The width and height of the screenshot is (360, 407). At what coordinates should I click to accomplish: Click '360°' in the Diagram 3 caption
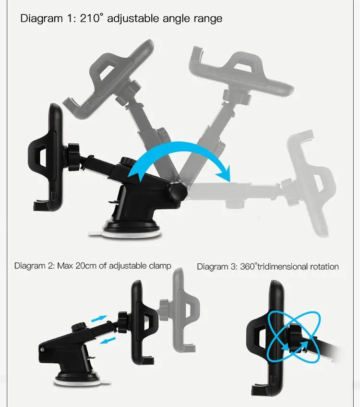(249, 267)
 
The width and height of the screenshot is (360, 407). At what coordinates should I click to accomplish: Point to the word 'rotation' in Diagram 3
(324, 267)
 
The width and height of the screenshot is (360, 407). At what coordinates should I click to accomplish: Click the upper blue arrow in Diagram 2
(99, 319)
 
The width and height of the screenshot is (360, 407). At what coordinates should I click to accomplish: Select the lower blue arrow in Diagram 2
(108, 340)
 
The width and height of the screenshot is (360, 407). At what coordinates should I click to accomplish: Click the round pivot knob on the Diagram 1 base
(178, 191)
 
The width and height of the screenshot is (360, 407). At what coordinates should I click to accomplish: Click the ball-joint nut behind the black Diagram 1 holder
(74, 157)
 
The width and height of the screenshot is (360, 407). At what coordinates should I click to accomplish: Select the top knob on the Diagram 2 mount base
(79, 326)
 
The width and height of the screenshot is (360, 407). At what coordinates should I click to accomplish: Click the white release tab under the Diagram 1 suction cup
(96, 234)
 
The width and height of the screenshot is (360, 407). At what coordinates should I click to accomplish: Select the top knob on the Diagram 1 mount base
(127, 161)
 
